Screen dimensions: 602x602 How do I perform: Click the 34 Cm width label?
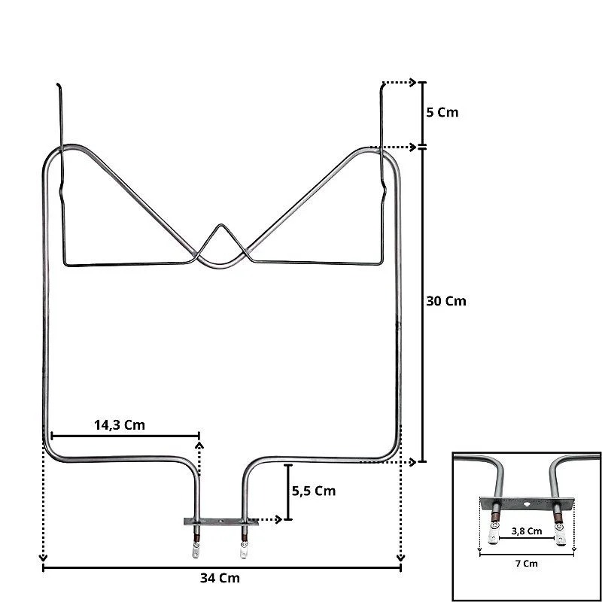coord(220,578)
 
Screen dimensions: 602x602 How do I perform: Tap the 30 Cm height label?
coord(446,301)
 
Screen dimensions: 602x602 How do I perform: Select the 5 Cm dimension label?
coord(442,112)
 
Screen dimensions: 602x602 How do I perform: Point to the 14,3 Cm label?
coord(120,425)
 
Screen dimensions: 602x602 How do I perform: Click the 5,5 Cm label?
coord(314,491)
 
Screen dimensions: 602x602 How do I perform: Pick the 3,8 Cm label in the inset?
coord(527,531)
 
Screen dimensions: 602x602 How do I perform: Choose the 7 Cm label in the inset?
coord(526,564)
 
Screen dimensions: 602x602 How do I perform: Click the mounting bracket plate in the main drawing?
coord(220,521)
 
